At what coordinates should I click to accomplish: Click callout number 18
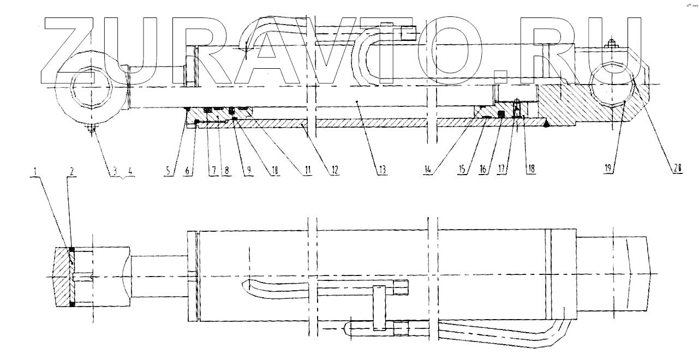(x=529, y=170)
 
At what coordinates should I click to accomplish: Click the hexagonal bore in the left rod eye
(x=92, y=87)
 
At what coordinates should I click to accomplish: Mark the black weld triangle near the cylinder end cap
(x=546, y=124)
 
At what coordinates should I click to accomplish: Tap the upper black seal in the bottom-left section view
(x=71, y=249)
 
